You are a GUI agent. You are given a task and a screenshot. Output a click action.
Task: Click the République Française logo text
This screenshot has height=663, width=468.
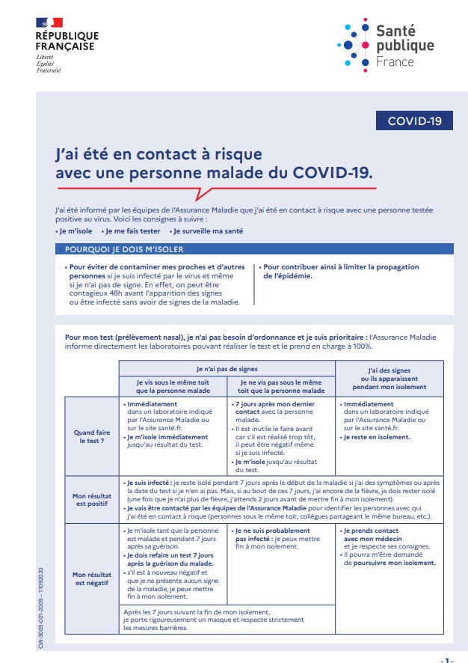point(67,40)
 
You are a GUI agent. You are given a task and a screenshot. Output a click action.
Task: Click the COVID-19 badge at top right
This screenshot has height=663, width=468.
point(414,120)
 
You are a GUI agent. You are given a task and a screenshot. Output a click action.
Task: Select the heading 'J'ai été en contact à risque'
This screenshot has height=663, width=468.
point(159,154)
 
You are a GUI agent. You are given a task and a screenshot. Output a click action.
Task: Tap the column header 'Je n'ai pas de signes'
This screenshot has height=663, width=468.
point(227,368)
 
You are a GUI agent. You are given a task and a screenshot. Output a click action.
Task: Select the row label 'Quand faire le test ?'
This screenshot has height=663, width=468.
point(88,437)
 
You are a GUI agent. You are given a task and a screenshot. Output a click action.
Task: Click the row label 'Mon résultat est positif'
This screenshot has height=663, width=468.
point(88,499)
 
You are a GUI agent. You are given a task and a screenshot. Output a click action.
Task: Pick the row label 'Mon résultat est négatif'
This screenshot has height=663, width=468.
point(88,578)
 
